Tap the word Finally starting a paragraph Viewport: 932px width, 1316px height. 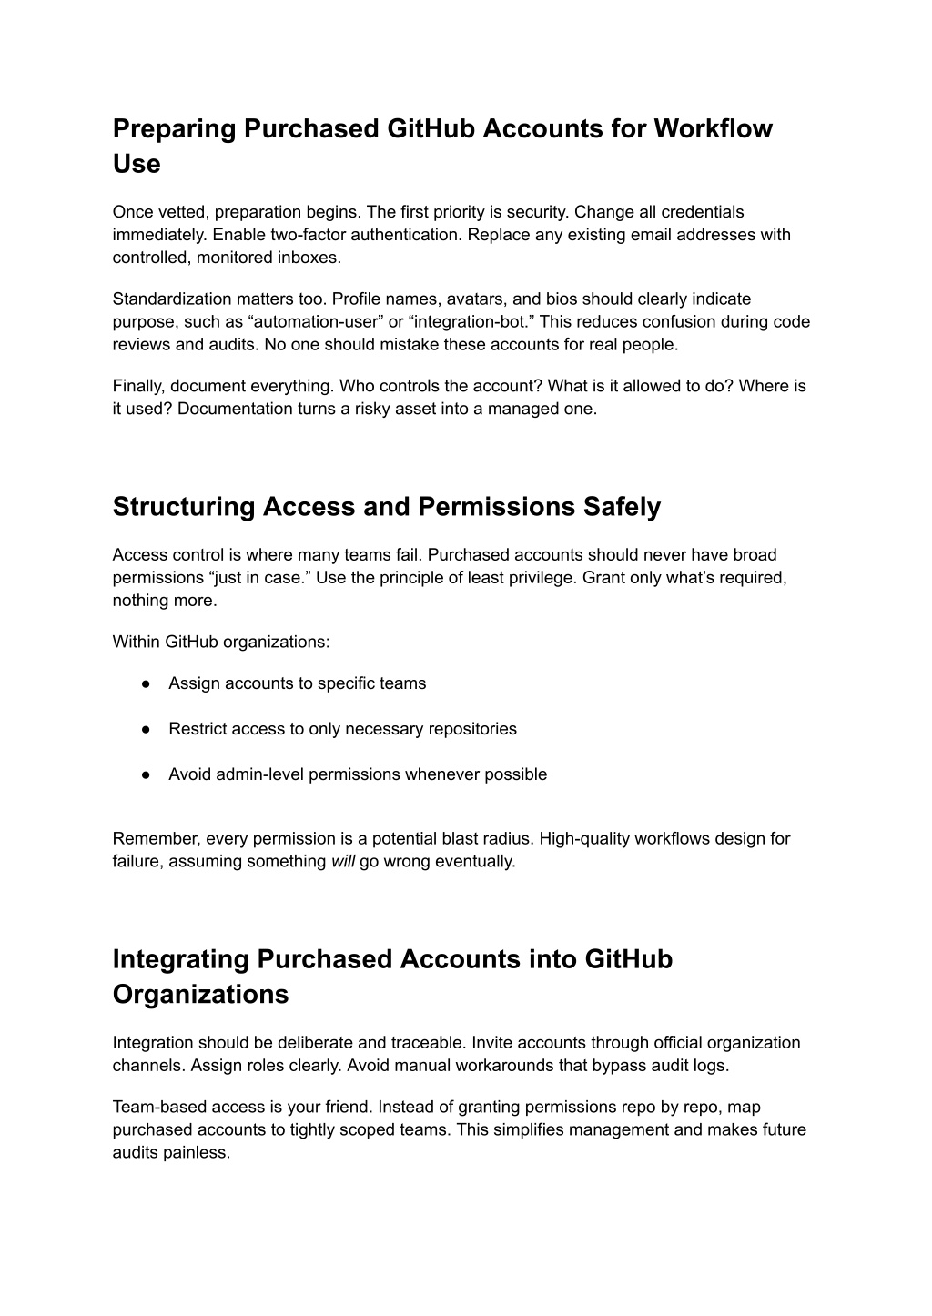coord(137,386)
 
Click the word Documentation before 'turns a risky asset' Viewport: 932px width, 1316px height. coord(232,409)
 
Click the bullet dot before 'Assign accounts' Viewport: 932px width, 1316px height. coord(146,683)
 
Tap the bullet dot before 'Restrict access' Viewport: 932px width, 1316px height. coord(146,729)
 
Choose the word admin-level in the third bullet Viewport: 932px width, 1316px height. coord(261,774)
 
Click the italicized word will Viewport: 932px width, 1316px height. coord(342,861)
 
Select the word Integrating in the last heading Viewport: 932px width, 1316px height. coord(181,959)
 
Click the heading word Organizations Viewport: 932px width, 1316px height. coord(200,995)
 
